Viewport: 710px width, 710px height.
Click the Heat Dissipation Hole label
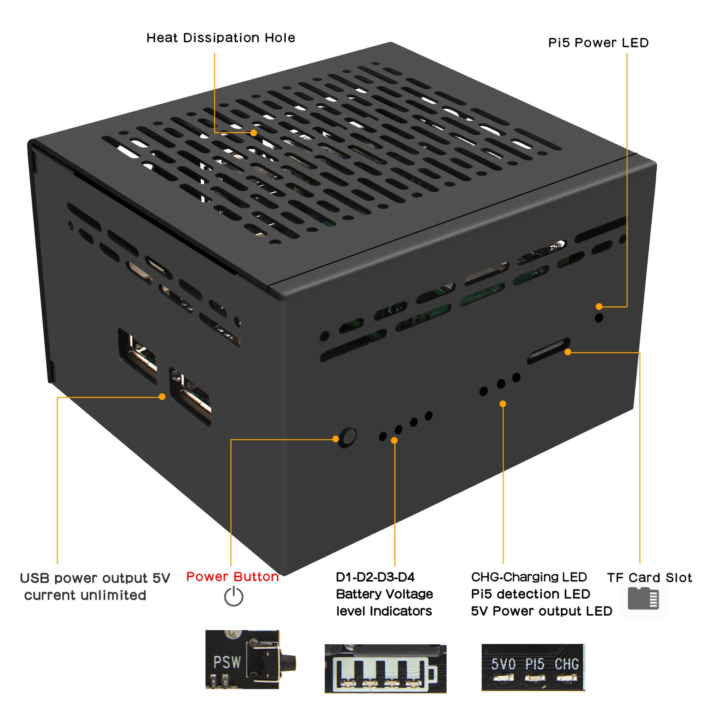(x=220, y=38)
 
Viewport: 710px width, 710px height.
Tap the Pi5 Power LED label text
(x=598, y=43)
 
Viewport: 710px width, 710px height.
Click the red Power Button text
(x=232, y=576)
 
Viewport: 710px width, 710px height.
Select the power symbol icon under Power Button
(x=234, y=597)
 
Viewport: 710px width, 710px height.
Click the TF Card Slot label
(x=649, y=578)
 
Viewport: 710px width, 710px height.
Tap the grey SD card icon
(x=643, y=599)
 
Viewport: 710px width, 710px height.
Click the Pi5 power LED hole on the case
(x=599, y=318)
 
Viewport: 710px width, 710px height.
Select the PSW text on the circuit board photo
(x=227, y=662)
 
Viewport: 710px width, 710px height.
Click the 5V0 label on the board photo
(x=503, y=664)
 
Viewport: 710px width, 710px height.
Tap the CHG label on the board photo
(x=566, y=664)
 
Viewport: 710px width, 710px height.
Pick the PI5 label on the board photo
(x=535, y=664)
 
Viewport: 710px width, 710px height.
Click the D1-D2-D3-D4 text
(x=375, y=577)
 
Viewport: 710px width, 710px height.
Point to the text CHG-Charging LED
(x=528, y=577)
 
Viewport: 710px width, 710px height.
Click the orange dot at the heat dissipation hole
(x=254, y=133)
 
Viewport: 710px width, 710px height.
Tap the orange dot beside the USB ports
(x=162, y=397)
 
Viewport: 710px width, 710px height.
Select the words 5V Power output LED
(x=541, y=611)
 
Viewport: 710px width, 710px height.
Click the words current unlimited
(x=85, y=595)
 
